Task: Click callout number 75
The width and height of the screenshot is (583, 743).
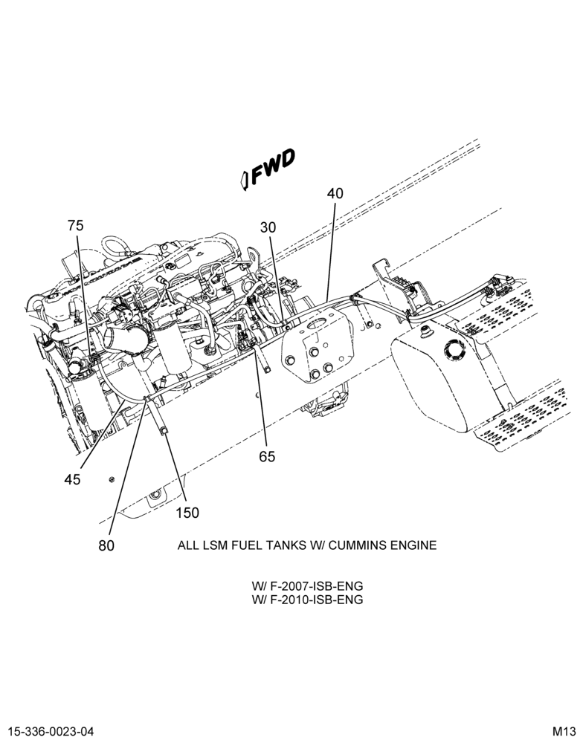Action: pyautogui.click(x=75, y=226)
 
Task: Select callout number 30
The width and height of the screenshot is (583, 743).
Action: pyautogui.click(x=268, y=227)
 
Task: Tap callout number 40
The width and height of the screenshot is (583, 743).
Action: pyautogui.click(x=335, y=193)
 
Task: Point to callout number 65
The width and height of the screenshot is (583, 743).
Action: pyautogui.click(x=267, y=456)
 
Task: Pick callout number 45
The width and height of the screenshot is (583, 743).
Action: pyautogui.click(x=73, y=479)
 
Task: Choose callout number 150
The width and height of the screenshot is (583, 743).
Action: pyautogui.click(x=187, y=513)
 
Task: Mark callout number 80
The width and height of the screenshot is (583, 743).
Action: pyautogui.click(x=107, y=545)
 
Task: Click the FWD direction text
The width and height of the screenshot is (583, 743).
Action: pyautogui.click(x=273, y=166)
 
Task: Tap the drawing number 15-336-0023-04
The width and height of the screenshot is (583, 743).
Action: pyautogui.click(x=51, y=731)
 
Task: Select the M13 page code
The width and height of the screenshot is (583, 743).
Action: pyautogui.click(x=564, y=731)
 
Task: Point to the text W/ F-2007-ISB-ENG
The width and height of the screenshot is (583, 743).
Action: pyautogui.click(x=307, y=586)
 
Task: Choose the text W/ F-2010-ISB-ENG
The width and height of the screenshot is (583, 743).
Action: pyautogui.click(x=307, y=600)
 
